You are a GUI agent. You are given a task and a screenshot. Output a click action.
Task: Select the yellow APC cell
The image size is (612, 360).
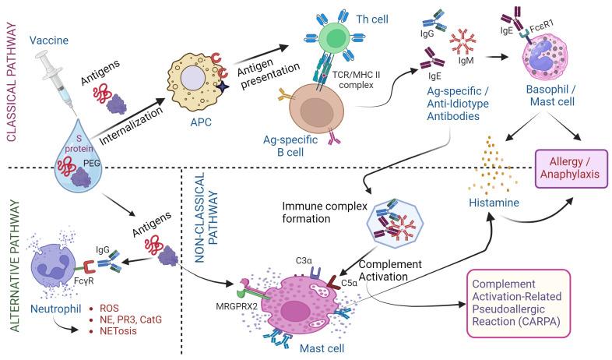pos(191,86)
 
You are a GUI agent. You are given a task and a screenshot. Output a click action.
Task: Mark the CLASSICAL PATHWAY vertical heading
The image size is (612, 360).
pos(12,78)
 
